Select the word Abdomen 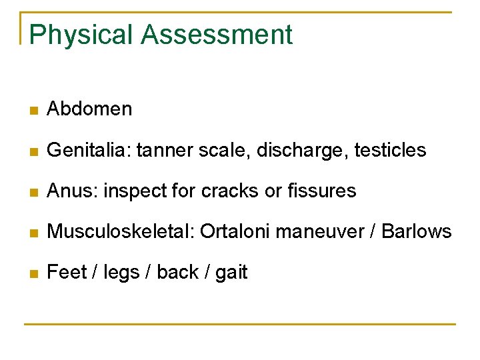pyautogui.click(x=89, y=109)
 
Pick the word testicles pyautogui.click(x=390, y=150)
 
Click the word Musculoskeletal pyautogui.click(x=120, y=232)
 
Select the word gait pyautogui.click(x=231, y=273)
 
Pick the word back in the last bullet pyautogui.click(x=178, y=272)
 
